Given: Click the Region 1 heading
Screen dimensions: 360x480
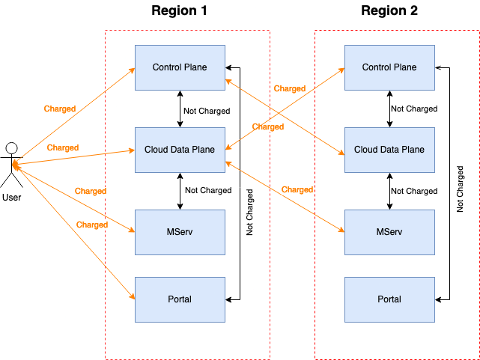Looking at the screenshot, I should [x=179, y=10].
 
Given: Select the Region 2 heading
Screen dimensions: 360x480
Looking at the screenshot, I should [x=389, y=10].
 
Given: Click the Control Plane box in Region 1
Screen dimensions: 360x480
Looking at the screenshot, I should [x=180, y=67].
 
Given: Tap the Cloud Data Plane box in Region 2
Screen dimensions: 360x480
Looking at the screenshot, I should [x=389, y=150].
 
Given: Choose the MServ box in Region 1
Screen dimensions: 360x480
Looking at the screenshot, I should [x=180, y=232].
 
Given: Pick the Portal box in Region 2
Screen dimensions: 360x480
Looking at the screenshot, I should [x=389, y=299].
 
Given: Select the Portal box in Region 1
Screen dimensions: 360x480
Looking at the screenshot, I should [x=180, y=299].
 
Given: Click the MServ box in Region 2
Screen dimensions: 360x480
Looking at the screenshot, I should [x=389, y=232].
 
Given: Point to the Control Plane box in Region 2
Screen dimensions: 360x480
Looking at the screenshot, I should [x=389, y=67].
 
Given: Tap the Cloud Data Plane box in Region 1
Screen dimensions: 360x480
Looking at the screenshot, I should [x=180, y=150].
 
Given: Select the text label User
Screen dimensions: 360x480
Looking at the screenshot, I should [x=12, y=198].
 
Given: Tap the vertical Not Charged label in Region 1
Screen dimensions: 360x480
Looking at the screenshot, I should [x=250, y=213].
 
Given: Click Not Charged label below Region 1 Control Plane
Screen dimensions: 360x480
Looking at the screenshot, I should [x=207, y=111].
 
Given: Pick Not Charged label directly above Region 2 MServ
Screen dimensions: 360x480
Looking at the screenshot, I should [x=414, y=191].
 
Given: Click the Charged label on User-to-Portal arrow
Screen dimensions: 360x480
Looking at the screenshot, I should [x=92, y=225].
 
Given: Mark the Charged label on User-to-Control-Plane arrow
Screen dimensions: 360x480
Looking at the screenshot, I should [x=60, y=109].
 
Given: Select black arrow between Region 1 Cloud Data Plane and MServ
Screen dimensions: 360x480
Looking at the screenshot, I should [x=180, y=191].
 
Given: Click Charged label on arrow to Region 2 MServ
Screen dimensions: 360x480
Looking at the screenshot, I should [x=297, y=189].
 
